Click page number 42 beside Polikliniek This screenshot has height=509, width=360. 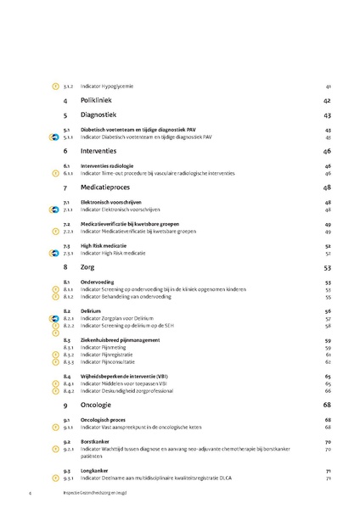(327, 100)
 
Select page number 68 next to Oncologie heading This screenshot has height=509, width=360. (327, 406)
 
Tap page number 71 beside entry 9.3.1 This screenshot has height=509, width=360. (328, 478)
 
